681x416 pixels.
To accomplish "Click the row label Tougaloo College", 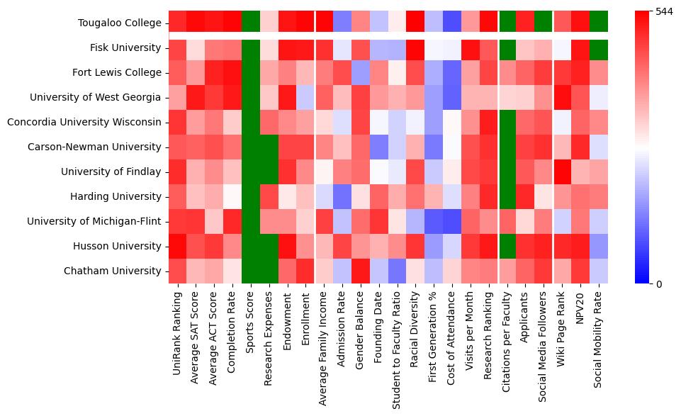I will tap(121, 23).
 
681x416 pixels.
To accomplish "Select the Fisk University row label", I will tap(125, 48).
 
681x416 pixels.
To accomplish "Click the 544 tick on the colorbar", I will tap(665, 11).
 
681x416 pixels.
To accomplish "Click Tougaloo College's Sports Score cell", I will tap(251, 23).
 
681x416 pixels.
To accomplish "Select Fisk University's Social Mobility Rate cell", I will tap(599, 48).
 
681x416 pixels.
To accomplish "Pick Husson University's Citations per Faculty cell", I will tap(507, 247).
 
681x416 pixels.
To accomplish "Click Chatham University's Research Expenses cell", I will tap(269, 271).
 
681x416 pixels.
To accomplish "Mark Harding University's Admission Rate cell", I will tap(343, 197).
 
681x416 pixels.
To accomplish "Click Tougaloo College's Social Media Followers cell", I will tap(544, 23).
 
